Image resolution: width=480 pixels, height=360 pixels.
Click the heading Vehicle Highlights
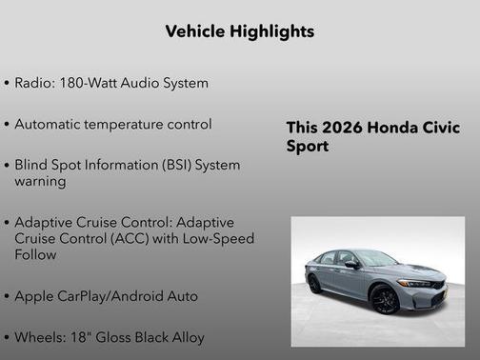pyautogui.click(x=239, y=32)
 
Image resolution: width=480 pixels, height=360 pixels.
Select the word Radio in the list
pyautogui.click(x=33, y=83)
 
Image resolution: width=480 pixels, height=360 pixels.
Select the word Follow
pyautogui.click(x=36, y=254)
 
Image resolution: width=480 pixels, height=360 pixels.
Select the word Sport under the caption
pyautogui.click(x=308, y=148)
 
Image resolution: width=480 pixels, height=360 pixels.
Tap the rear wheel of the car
pyautogui.click(x=315, y=283)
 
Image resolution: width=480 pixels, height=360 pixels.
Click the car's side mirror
pyautogui.click(x=353, y=264)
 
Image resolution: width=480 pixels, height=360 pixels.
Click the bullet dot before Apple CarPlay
pyautogui.click(x=8, y=296)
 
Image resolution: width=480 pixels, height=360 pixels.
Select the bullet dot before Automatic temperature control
pyautogui.click(x=8, y=125)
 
